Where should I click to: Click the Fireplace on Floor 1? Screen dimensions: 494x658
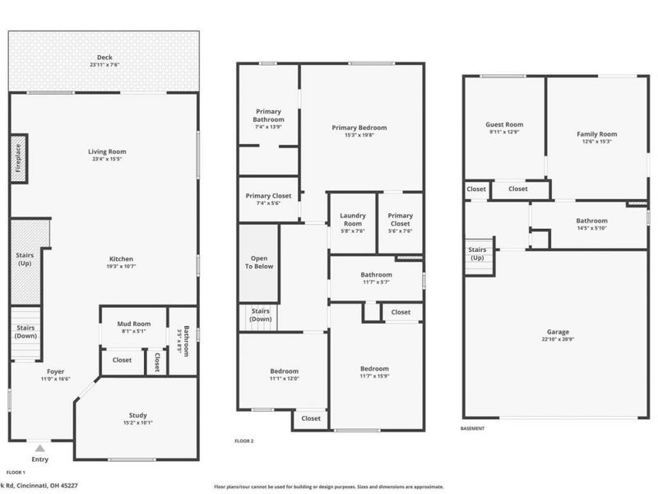click(x=18, y=160)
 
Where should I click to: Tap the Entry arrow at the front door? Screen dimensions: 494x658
click(x=39, y=449)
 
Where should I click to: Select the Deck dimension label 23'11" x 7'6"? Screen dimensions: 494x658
click(x=104, y=68)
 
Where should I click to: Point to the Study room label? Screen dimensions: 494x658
click(x=137, y=415)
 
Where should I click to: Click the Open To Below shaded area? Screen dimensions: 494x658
click(x=258, y=261)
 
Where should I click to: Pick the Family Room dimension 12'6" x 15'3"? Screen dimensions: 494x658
click(x=596, y=142)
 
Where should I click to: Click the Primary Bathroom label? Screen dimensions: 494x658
click(x=268, y=115)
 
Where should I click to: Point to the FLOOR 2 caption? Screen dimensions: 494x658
click(x=243, y=441)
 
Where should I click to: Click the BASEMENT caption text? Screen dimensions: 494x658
click(x=473, y=428)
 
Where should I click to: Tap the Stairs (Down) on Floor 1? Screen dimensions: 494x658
click(x=25, y=331)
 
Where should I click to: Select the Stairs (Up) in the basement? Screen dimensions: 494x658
click(x=476, y=254)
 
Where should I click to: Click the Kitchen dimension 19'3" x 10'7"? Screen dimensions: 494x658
click(x=120, y=267)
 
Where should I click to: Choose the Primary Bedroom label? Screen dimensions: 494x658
click(x=359, y=128)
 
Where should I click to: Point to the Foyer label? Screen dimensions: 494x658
click(x=55, y=370)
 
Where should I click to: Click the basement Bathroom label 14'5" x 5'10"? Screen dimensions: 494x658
click(x=591, y=221)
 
